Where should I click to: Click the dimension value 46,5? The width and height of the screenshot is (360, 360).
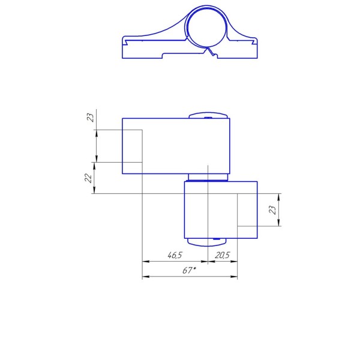175,255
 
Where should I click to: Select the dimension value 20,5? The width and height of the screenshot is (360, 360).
222,255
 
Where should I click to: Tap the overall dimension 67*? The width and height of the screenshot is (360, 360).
190,271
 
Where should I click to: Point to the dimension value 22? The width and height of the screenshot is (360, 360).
88,178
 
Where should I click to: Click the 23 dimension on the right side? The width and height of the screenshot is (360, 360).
272,210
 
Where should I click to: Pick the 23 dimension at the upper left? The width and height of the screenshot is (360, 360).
91,118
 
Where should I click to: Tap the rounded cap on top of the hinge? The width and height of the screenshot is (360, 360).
208,115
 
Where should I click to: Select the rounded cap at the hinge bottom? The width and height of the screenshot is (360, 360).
207,242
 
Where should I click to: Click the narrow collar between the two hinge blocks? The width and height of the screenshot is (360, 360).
208,177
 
